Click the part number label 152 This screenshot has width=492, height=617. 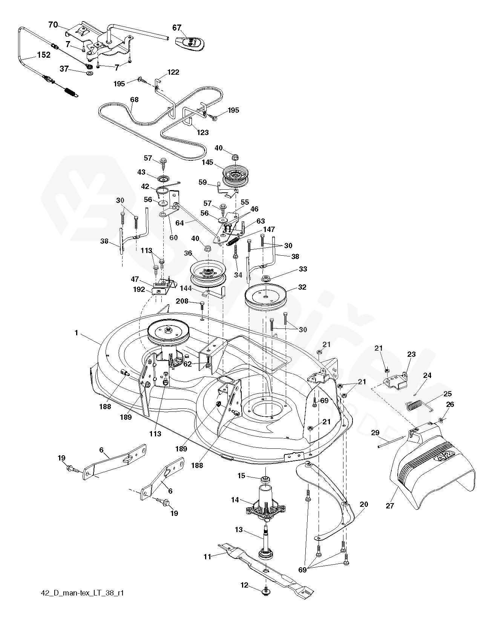coord(44,55)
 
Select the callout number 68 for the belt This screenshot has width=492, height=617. coord(134,100)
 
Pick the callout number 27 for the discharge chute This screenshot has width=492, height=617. coord(390,506)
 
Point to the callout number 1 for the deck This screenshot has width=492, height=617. coord(77,333)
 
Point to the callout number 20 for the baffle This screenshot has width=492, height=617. coord(364,504)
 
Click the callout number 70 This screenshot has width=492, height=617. coord(53,25)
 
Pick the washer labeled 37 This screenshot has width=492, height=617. coord(89,72)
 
